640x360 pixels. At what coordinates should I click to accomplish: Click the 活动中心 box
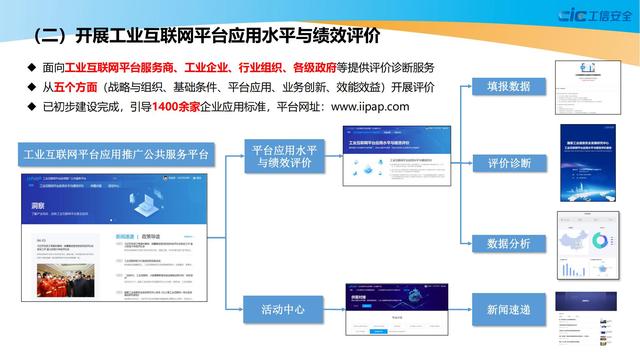click(284, 309)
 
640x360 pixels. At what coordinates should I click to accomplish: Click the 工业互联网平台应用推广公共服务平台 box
click(115, 156)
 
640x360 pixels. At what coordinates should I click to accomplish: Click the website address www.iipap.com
click(356, 105)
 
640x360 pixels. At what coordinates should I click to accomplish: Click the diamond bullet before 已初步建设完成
click(30, 105)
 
